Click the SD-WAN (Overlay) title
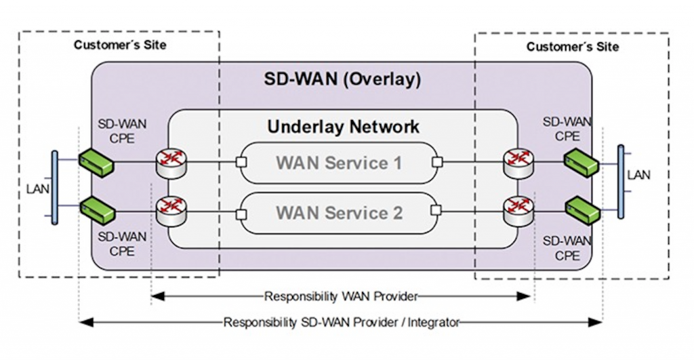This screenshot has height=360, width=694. (x=342, y=79)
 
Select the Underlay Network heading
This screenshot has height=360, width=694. (x=343, y=127)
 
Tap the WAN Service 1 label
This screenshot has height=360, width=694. (x=339, y=163)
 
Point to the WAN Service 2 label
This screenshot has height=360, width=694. (x=340, y=213)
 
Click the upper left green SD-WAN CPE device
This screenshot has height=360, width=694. (x=96, y=163)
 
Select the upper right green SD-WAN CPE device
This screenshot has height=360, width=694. (x=581, y=163)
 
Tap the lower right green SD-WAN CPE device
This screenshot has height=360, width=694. (x=583, y=211)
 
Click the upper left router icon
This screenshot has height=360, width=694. (x=171, y=163)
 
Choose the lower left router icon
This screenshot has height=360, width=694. (x=171, y=212)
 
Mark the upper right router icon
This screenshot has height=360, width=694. (x=518, y=163)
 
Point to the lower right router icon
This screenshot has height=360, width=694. (x=518, y=211)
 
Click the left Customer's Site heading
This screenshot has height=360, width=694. (x=120, y=45)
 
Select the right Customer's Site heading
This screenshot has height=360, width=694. (x=573, y=47)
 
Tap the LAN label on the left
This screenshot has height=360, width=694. (x=38, y=189)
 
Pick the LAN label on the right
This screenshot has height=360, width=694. (x=638, y=175)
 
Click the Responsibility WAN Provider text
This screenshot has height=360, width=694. (x=341, y=296)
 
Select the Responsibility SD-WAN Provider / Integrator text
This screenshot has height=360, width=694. (x=342, y=322)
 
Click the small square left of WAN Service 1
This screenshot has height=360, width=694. (x=241, y=161)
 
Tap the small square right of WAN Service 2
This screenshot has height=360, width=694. (x=436, y=210)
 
